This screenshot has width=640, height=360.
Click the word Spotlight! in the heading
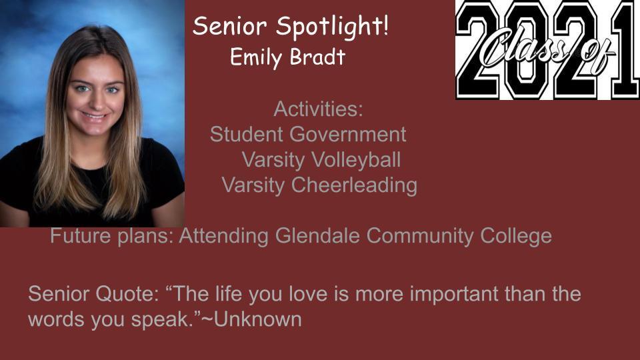[x=333, y=27]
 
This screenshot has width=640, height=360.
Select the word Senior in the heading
[x=230, y=26]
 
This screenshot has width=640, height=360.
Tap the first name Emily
[x=255, y=57]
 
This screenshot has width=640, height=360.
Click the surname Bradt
[x=318, y=56]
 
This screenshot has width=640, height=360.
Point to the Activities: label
[x=319, y=109]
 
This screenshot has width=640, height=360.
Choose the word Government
[x=348, y=134]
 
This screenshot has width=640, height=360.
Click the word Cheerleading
[x=354, y=185]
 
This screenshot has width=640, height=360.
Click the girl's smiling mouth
[x=95, y=116]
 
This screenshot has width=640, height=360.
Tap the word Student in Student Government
[x=247, y=134]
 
